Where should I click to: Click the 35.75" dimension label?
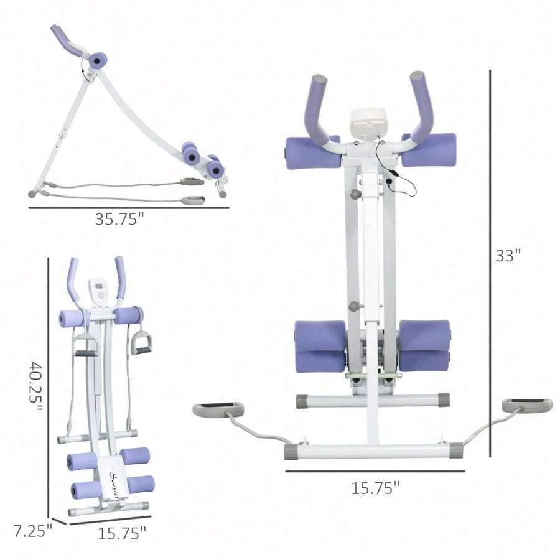(x=119, y=219)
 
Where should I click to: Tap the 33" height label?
(x=508, y=256)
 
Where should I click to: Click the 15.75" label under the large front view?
(x=375, y=488)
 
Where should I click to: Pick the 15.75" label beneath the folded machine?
(x=122, y=533)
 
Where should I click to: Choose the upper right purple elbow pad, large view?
(x=429, y=150)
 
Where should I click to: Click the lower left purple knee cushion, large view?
(x=320, y=346)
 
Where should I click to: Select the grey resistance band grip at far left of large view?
(x=217, y=409)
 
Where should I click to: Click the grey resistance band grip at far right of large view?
(x=527, y=405)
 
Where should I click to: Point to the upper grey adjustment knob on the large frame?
(x=355, y=195)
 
